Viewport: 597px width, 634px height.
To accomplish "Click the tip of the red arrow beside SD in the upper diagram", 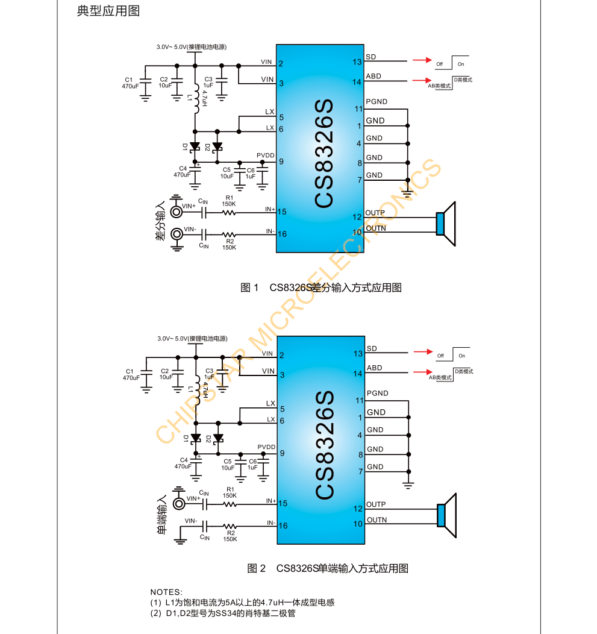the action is click(432, 60).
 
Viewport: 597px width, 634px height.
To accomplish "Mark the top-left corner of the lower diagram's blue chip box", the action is click(277, 336).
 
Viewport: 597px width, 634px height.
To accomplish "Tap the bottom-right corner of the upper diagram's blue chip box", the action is click(364, 253).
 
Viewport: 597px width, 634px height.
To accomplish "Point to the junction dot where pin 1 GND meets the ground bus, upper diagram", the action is click(407, 126).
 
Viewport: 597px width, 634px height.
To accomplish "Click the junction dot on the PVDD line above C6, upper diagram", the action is click(262, 162).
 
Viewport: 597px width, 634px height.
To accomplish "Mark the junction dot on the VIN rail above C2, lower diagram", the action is click(178, 357).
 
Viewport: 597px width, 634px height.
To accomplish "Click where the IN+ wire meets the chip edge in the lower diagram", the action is click(277, 504).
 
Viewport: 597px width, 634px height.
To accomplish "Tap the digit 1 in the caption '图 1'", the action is click(255, 287).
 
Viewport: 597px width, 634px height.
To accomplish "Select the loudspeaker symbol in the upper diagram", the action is click(446, 224).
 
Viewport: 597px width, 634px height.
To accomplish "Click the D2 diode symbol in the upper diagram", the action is click(217, 146).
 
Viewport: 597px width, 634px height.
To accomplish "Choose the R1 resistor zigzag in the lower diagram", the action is click(230, 504).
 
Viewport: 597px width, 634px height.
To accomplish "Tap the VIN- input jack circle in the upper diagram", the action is click(177, 234).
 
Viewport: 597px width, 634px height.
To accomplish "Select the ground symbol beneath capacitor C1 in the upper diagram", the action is click(145, 98).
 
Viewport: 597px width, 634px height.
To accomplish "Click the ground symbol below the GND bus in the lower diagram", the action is click(408, 485).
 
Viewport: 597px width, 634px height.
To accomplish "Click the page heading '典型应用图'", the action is click(108, 11).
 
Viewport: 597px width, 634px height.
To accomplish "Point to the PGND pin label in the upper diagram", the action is click(377, 101).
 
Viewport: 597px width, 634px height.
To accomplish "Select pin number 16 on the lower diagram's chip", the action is click(283, 526).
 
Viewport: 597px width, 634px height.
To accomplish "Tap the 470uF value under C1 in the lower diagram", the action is click(131, 378).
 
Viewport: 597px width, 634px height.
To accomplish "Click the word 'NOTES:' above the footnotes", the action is click(166, 592).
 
